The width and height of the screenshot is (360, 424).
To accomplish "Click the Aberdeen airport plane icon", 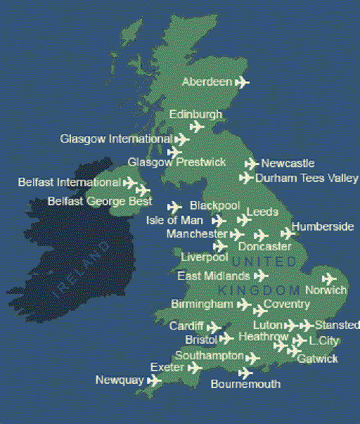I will pyautogui.click(x=242, y=82).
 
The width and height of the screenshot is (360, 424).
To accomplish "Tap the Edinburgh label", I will pyautogui.click(x=195, y=114).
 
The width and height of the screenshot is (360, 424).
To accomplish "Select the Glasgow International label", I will pyautogui.click(x=115, y=139).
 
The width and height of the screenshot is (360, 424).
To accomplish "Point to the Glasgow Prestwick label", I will pyautogui.click(x=176, y=162).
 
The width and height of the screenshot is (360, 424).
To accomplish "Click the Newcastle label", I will pyautogui.click(x=288, y=163).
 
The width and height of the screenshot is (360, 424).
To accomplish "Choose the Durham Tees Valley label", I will pyautogui.click(x=307, y=179).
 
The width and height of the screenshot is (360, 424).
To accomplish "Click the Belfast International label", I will pyautogui.click(x=69, y=183).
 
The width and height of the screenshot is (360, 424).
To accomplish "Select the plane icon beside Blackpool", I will pyautogui.click(x=174, y=207).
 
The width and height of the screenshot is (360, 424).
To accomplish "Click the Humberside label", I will pyautogui.click(x=323, y=226).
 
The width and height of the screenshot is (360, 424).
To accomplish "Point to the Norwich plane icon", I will pyautogui.click(x=329, y=278).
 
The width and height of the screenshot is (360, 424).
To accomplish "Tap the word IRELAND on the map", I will pyautogui.click(x=83, y=269).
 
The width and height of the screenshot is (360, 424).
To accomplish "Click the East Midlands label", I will pyautogui.click(x=213, y=276).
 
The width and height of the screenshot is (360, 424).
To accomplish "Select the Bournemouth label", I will pyautogui.click(x=245, y=384).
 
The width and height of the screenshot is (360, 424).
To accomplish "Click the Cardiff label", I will pyautogui.click(x=186, y=326).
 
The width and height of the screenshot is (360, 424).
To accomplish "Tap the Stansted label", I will pyautogui.click(x=335, y=325).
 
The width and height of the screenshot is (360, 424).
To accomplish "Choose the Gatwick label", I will pyautogui.click(x=317, y=359).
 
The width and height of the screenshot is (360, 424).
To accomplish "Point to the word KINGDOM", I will pyautogui.click(x=258, y=290).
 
